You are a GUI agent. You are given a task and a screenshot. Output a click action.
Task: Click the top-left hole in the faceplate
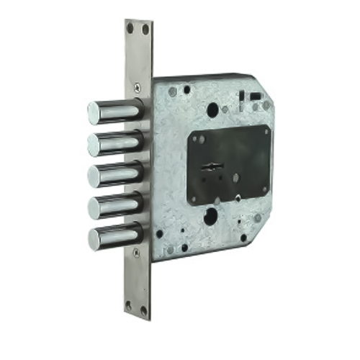click(x=130, y=28)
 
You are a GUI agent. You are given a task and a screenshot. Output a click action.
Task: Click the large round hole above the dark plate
click(x=213, y=109)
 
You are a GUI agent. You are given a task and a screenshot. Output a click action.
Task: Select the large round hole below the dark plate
click(x=211, y=217)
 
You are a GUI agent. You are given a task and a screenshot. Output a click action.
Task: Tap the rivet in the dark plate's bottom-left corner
click(x=195, y=197)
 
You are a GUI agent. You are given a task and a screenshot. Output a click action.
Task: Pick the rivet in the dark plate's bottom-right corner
click(x=263, y=191)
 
